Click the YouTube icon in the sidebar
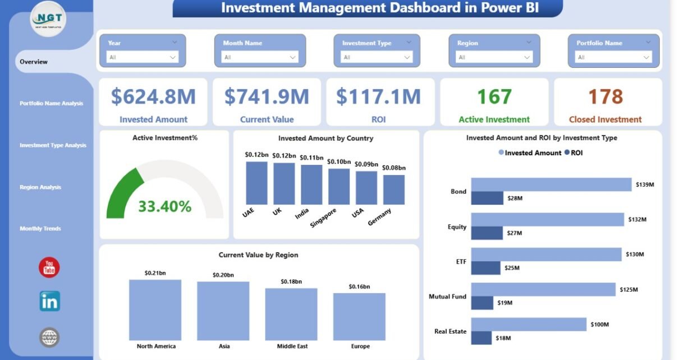pyautogui.click(x=49, y=267)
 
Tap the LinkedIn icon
pyautogui.click(x=49, y=302)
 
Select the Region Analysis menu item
pyautogui.click(x=40, y=187)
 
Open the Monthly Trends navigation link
pyautogui.click(x=40, y=229)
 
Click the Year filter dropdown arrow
pyautogui.click(x=172, y=57)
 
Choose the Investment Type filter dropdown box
pyautogui.click(x=377, y=57)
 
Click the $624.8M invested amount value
pyautogui.click(x=153, y=97)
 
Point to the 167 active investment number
pyautogui.click(x=494, y=97)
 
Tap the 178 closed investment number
pyautogui.click(x=605, y=97)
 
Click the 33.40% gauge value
pyautogui.click(x=165, y=206)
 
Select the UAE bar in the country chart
pyautogui.click(x=256, y=183)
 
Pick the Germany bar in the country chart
pyautogui.click(x=394, y=190)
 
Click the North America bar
pyautogui.click(x=155, y=309)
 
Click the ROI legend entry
pyautogui.click(x=574, y=153)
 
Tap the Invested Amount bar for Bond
pyautogui.click(x=551, y=184)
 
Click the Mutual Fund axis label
pyautogui.click(x=447, y=297)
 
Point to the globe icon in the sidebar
pyautogui.click(x=49, y=337)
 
